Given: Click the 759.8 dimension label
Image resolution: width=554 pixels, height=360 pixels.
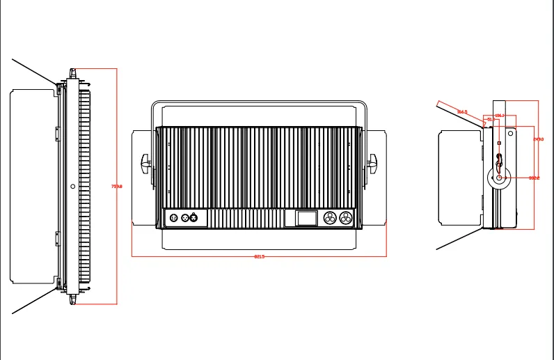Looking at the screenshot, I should (117, 187).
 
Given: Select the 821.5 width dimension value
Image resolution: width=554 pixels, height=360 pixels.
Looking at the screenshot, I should (259, 257).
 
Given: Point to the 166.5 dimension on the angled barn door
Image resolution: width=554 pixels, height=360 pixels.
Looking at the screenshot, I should (462, 111).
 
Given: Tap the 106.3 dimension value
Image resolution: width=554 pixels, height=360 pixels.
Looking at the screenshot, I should (499, 116).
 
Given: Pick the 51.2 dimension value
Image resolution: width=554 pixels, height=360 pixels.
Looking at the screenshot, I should (490, 120).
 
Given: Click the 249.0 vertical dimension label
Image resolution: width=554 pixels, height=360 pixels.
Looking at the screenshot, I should (538, 139).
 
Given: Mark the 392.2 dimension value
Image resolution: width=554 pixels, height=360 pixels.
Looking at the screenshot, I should (534, 178).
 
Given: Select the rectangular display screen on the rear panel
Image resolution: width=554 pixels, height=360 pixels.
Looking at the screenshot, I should (306, 218).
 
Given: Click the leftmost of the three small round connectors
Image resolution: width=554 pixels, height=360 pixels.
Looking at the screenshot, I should (173, 218).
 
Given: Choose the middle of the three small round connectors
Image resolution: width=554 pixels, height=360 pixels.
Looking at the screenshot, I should (185, 218).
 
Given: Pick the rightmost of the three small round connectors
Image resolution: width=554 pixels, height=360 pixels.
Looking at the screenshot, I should (194, 218).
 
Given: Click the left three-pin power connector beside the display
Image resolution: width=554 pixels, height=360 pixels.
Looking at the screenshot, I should (330, 218).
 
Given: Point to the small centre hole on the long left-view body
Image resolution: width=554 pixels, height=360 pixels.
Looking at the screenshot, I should (73, 186).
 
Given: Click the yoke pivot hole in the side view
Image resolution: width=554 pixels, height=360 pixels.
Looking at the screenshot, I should (500, 178).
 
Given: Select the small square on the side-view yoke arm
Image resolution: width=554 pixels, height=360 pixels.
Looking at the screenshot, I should (498, 143).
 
